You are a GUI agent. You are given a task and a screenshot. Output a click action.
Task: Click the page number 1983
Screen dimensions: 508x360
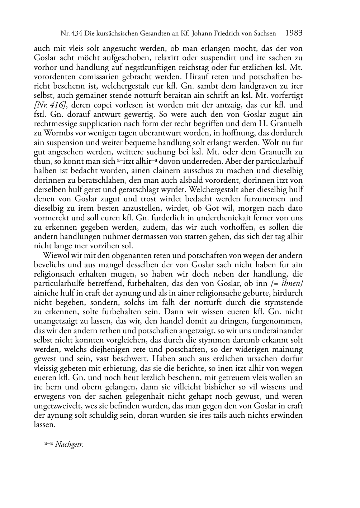point(294,33)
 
